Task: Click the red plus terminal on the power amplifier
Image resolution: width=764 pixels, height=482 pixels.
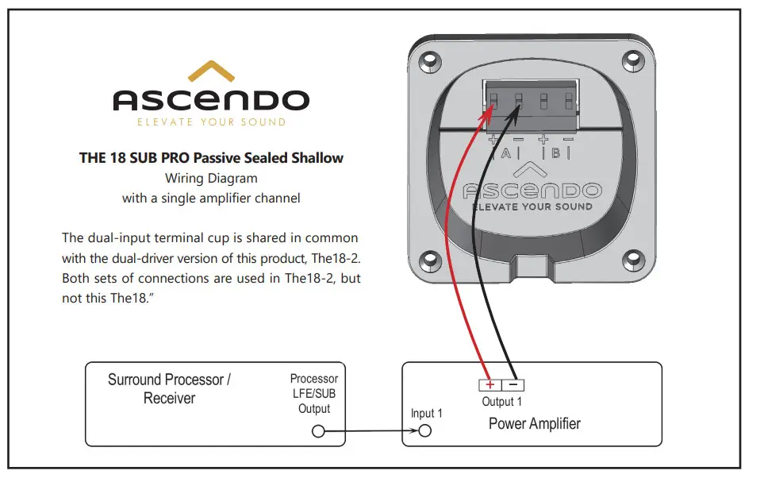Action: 489,385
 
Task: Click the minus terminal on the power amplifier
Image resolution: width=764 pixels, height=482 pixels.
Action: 513,385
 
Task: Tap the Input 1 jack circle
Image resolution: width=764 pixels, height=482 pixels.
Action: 424,431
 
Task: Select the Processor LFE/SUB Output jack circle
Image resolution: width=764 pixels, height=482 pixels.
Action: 319,431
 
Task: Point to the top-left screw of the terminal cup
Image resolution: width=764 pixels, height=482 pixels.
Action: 429,60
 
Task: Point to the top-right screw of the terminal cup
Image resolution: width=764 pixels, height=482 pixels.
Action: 632,60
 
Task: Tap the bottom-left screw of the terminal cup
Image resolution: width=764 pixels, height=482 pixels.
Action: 429,258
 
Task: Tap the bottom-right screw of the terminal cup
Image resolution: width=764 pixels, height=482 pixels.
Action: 632,258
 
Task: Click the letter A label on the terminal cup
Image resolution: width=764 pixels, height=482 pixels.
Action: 505,153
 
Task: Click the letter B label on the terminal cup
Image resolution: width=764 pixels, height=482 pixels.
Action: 556,153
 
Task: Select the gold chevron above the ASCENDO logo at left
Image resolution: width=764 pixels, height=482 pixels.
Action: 210,74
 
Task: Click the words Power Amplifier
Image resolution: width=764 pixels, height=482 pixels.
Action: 534,423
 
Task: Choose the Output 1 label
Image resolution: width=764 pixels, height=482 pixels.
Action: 502,402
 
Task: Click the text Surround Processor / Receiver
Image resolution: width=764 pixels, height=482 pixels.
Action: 169,388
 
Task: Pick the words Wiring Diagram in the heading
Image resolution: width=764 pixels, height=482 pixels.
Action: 210,178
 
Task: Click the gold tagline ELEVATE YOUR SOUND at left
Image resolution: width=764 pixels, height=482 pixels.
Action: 211,122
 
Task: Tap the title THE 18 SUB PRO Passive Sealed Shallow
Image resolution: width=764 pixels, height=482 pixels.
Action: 211,157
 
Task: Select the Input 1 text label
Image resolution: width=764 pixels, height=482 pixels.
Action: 426,413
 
